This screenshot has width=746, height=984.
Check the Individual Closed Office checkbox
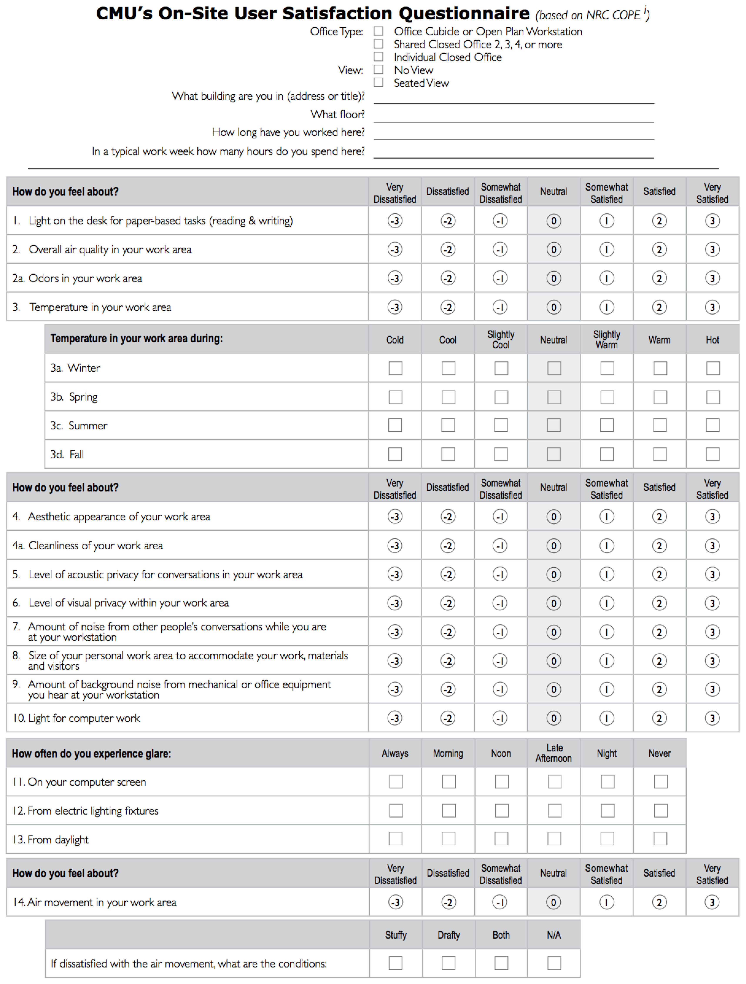click(378, 57)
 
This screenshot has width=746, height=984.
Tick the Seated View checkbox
click(378, 83)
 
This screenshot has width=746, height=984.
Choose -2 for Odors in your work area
click(448, 278)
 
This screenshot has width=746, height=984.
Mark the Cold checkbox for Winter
click(395, 368)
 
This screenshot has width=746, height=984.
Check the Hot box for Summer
click(713, 425)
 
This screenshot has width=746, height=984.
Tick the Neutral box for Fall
click(554, 454)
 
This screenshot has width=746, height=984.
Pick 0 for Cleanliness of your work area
click(554, 546)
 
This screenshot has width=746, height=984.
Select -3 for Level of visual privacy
click(395, 603)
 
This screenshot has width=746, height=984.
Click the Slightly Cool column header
click(501, 340)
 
